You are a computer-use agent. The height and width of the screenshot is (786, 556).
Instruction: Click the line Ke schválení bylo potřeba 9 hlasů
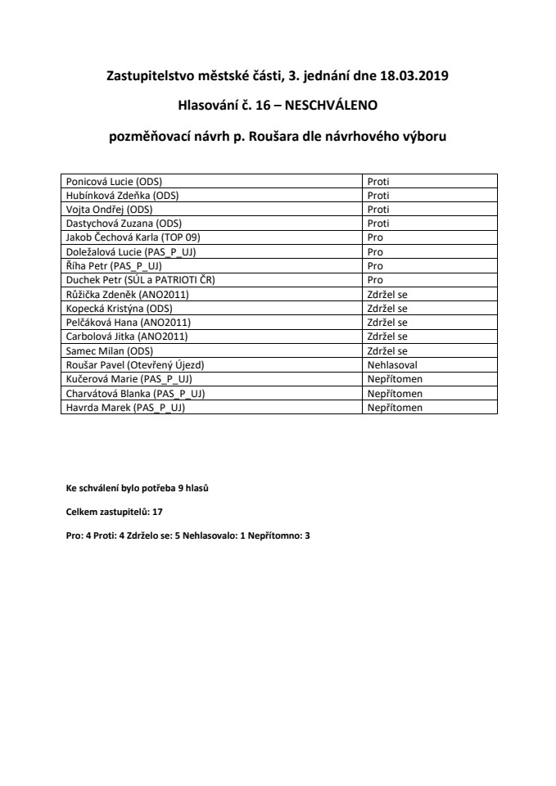tap(137, 489)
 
